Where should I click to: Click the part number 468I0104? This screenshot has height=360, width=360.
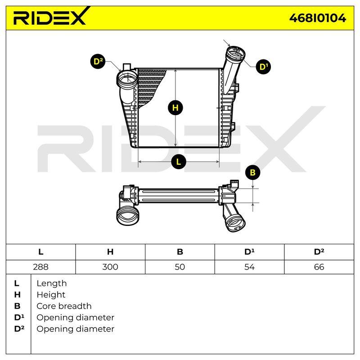[318, 18]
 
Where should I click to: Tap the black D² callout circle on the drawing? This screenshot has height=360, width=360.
[98, 62]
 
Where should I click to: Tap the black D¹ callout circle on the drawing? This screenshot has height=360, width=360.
[263, 67]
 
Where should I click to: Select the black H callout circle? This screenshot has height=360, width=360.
[175, 108]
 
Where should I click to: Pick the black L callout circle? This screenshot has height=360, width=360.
[179, 162]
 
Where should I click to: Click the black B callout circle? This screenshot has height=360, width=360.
[252, 172]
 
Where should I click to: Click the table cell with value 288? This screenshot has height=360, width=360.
[40, 267]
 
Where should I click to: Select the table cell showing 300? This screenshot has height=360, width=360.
[110, 267]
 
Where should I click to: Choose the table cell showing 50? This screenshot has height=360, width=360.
[180, 267]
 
